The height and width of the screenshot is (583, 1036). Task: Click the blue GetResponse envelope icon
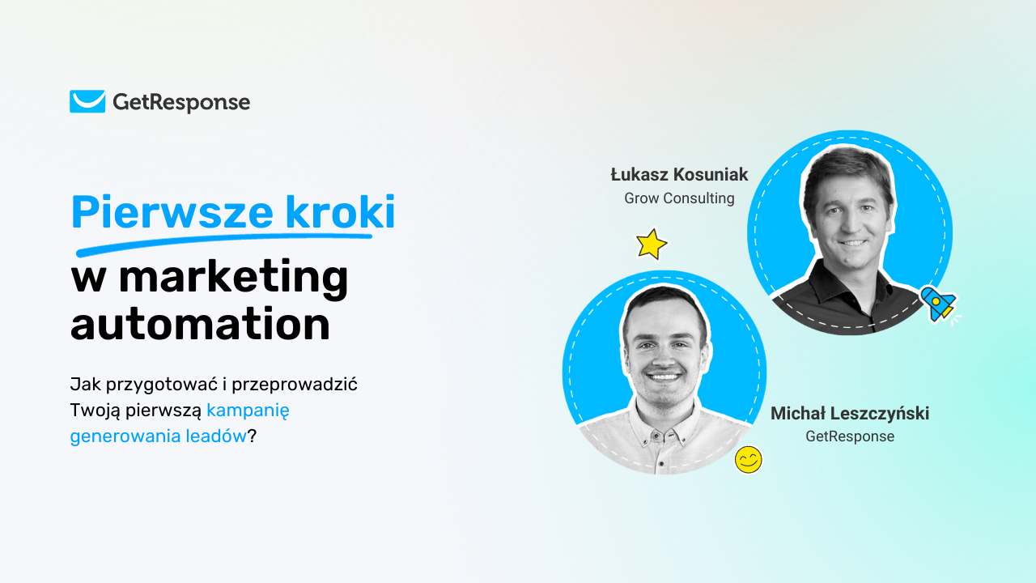(x=87, y=101)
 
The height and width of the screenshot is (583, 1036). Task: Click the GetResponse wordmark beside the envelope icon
(x=181, y=103)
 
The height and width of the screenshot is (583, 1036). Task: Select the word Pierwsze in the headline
(x=172, y=212)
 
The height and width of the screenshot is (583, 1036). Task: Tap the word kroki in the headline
(x=340, y=211)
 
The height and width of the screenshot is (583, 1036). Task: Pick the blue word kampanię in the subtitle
(x=248, y=411)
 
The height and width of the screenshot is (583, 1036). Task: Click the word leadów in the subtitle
(x=216, y=436)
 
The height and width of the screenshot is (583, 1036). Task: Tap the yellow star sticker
(x=652, y=244)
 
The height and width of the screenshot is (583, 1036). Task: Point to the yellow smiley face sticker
(x=749, y=459)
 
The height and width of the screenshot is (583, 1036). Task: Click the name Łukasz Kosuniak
(x=679, y=174)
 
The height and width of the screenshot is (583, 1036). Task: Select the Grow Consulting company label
(x=679, y=198)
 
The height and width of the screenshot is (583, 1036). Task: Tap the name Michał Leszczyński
(x=850, y=413)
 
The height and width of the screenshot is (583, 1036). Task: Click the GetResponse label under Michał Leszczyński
(x=850, y=436)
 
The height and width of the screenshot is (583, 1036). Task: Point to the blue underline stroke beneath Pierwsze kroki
(x=224, y=243)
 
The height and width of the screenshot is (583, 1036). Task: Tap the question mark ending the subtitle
(x=252, y=436)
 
